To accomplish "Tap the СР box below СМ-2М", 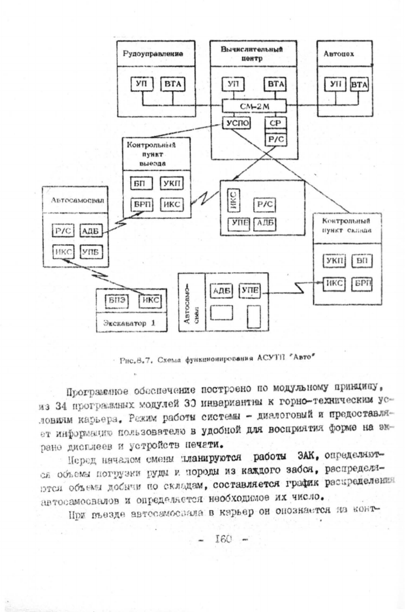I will pos(274,123).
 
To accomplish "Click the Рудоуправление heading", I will pos(153,55).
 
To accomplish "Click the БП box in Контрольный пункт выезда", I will pos(138,183).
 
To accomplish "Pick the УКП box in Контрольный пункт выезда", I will pos(173,183).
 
